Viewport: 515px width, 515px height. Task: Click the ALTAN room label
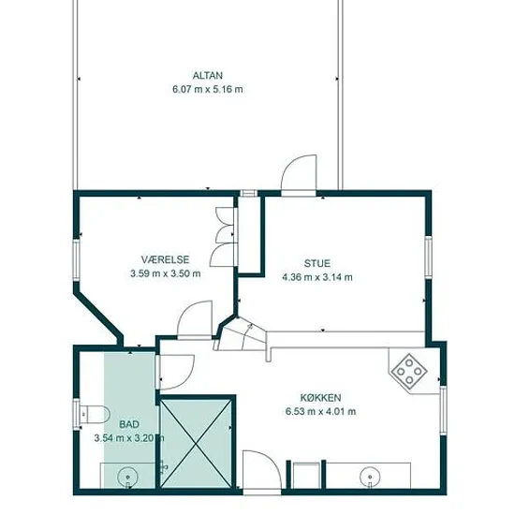click(208, 76)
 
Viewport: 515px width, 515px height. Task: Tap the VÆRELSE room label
click(165, 259)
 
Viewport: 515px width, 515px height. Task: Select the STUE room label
click(316, 263)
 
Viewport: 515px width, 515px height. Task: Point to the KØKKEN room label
click(320, 398)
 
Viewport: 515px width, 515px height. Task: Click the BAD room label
click(129, 424)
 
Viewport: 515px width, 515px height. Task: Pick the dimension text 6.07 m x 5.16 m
click(208, 89)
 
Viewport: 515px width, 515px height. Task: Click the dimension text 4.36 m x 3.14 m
click(317, 277)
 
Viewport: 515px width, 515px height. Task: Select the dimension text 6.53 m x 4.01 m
click(320, 412)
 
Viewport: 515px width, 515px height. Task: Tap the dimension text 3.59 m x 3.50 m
click(165, 273)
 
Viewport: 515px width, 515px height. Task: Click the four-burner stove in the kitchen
click(409, 372)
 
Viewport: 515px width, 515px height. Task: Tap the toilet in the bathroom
click(95, 414)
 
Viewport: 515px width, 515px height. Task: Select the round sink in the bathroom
click(127, 477)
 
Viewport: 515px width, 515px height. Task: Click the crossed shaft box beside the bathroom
click(196, 444)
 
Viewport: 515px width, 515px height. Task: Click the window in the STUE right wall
click(428, 257)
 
